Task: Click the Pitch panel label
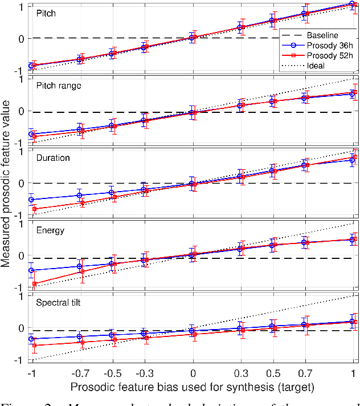[46, 13]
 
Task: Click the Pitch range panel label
[58, 86]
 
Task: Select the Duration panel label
[53, 158]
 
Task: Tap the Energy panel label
[50, 230]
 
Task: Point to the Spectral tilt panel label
[58, 302]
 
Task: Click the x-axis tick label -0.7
[79, 371]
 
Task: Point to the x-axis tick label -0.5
[112, 371]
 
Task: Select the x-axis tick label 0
[193, 371]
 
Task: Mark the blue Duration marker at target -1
[31, 200]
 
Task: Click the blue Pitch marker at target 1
[351, 3]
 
